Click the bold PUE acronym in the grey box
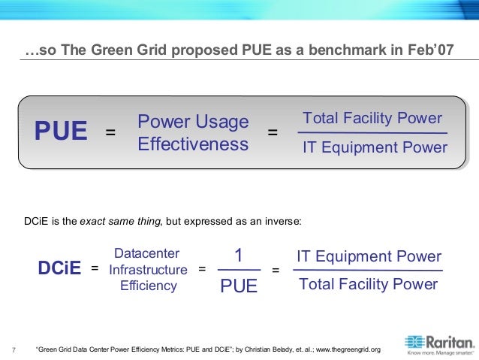point(61,132)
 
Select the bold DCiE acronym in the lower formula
point(59,268)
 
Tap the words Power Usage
point(193,122)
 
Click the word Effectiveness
point(193,144)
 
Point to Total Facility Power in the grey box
point(372,119)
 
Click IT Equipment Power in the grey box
point(374,147)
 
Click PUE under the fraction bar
point(239,285)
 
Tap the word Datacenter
point(147,254)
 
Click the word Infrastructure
point(148,270)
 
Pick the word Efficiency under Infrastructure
point(149,286)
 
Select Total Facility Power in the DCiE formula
point(368,284)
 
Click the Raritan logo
point(439,343)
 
